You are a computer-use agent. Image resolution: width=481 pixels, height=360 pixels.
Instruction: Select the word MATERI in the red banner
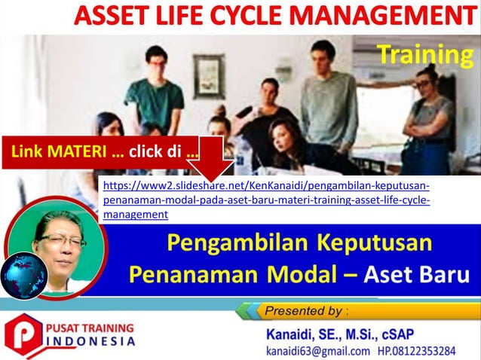77,153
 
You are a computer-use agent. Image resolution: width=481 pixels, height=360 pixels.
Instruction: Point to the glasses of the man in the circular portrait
60,240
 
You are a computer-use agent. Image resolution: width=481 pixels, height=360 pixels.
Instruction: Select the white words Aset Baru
421,272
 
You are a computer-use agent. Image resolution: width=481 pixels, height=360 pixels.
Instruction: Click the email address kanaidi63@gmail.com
317,350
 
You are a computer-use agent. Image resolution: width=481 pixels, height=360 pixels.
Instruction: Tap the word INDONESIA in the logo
93,341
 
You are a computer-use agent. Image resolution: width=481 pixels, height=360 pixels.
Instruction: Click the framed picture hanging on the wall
208,76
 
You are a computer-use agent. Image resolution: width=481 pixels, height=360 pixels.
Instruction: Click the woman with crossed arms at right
426,113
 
